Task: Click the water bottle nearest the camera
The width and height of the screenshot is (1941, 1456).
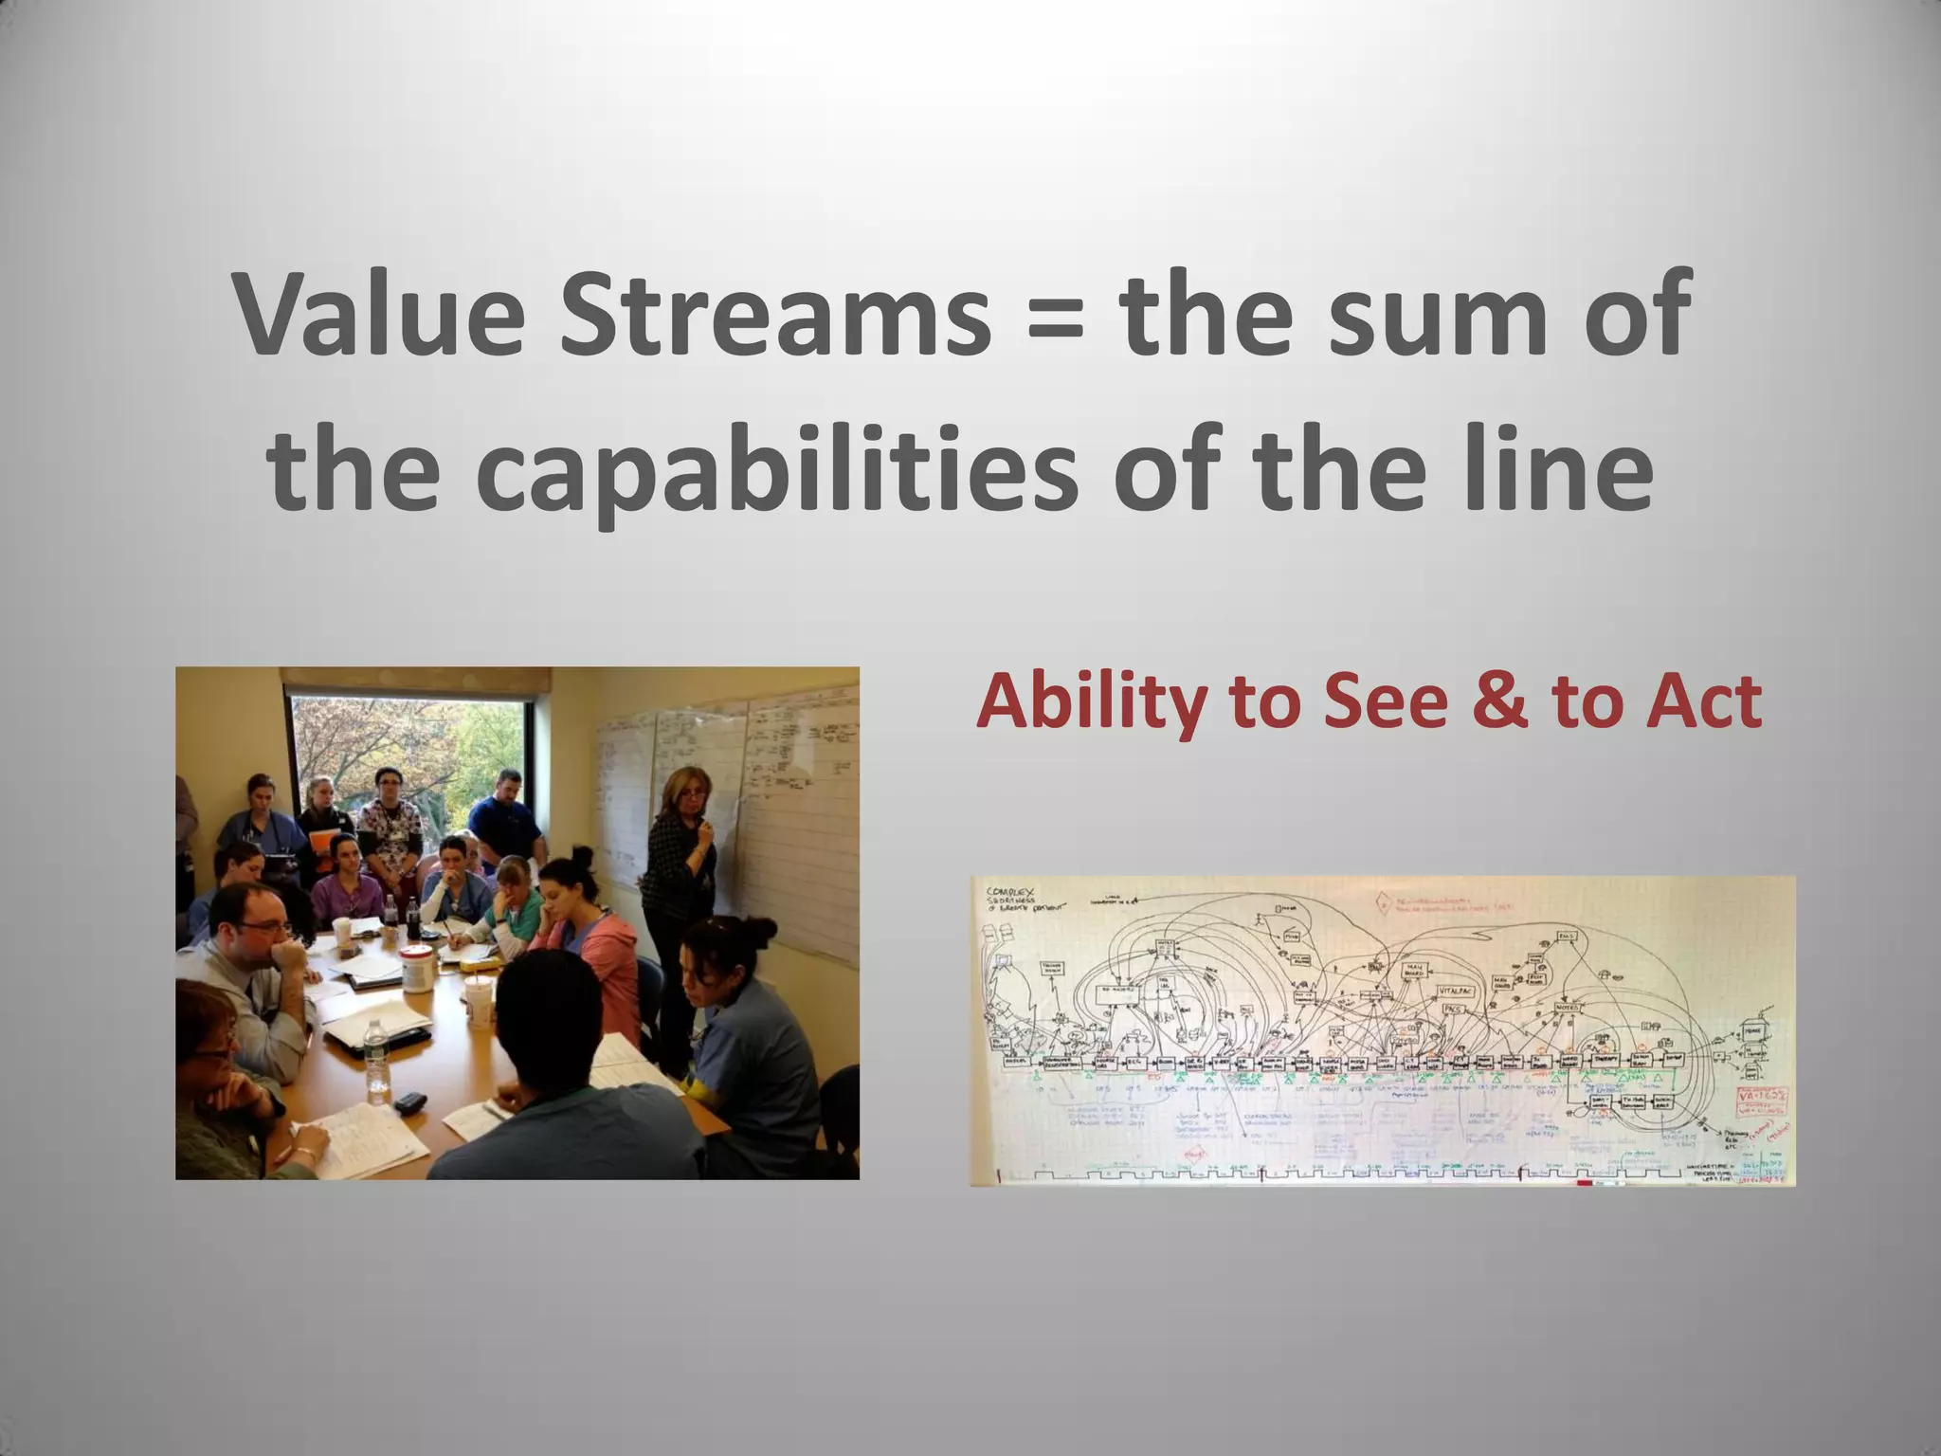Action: tap(377, 1062)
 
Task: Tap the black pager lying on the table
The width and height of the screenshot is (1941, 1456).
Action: tap(409, 1102)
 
